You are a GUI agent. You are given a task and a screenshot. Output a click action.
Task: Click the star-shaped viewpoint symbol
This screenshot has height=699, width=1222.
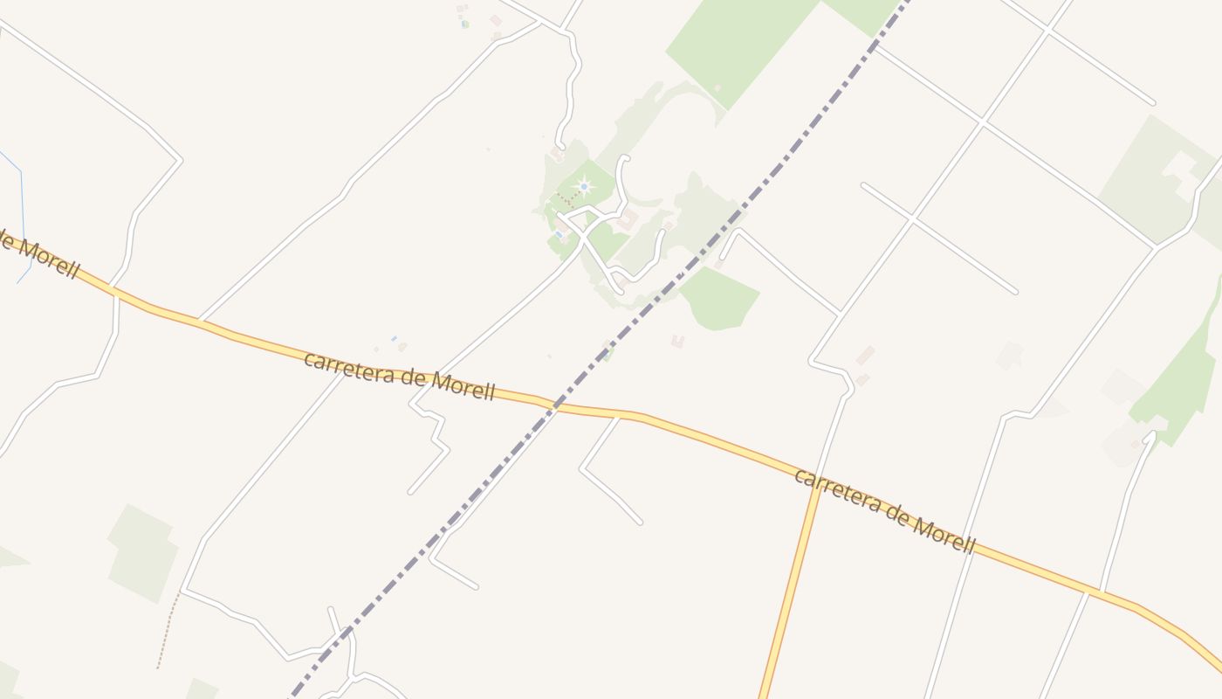point(584,186)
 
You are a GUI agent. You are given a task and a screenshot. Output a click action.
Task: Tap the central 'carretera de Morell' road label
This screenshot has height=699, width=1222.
point(399,376)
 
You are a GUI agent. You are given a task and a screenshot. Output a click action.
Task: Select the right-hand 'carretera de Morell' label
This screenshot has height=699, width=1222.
point(884,510)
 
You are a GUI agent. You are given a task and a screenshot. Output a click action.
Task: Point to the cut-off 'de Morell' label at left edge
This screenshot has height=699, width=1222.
point(39,256)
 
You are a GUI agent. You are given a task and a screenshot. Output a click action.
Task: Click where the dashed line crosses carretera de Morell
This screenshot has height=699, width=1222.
point(555,405)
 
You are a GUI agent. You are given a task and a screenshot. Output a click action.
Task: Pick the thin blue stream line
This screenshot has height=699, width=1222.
point(22,210)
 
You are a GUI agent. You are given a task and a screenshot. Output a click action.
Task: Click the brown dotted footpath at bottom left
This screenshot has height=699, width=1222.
point(167,629)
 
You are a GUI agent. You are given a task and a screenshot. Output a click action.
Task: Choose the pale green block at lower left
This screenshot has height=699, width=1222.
point(142,552)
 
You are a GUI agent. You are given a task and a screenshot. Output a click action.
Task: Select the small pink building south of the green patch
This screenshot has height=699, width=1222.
point(677,341)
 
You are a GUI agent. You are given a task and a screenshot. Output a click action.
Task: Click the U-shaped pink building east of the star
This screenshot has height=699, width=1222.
point(627,218)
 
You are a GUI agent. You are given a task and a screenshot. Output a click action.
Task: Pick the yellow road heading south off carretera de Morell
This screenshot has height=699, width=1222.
point(790,594)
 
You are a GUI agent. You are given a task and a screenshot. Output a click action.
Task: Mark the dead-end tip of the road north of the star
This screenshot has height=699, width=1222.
point(625,158)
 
